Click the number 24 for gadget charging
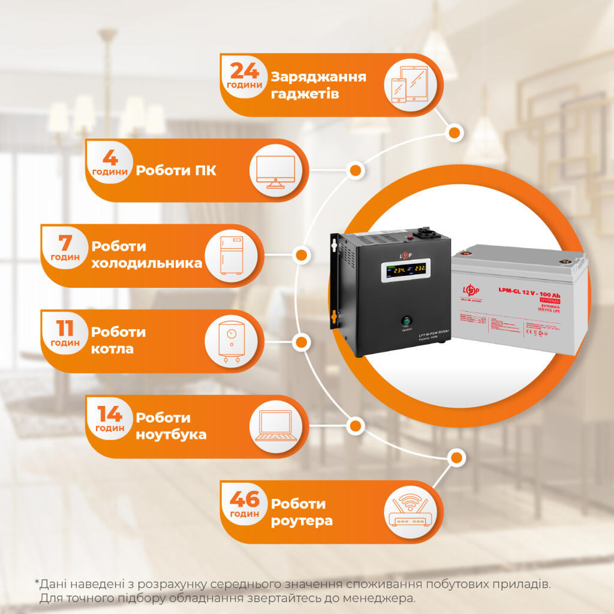tap(245, 71)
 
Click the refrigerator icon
tap(231, 256)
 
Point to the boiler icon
tap(231, 342)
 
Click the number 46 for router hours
tap(245, 499)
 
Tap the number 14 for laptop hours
tap(110, 414)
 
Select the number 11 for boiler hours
tap(65, 328)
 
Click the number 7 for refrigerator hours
tap(65, 243)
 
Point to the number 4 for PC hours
tap(110, 158)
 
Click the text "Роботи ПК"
tap(176, 171)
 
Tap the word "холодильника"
tap(146, 264)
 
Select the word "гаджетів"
tap(305, 94)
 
